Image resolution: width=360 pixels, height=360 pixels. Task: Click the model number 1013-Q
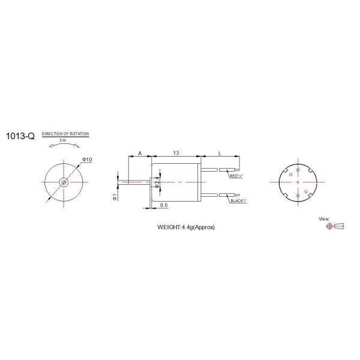[20, 136]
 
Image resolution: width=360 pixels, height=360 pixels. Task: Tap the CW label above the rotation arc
[62, 141]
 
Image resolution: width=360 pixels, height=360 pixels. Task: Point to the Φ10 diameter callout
[86, 160]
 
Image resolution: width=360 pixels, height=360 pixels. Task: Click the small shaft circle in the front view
[64, 182]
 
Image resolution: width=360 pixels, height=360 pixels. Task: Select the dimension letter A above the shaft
[140, 154]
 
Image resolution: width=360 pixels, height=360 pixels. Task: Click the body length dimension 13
[175, 154]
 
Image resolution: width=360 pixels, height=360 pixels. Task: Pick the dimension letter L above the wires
[220, 154]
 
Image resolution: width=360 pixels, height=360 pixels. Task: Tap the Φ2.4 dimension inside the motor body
[157, 182]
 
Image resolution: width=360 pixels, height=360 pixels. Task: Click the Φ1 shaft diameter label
[114, 197]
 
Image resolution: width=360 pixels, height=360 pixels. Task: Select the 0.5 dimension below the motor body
[164, 206]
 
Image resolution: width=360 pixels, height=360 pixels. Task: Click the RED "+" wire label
[237, 176]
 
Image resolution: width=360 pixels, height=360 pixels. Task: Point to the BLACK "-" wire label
[241, 200]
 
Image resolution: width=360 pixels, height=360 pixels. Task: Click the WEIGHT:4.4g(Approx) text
[185, 227]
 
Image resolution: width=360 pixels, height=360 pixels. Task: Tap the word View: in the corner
[325, 220]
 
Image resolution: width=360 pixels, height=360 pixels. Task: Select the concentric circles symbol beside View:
[328, 227]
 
